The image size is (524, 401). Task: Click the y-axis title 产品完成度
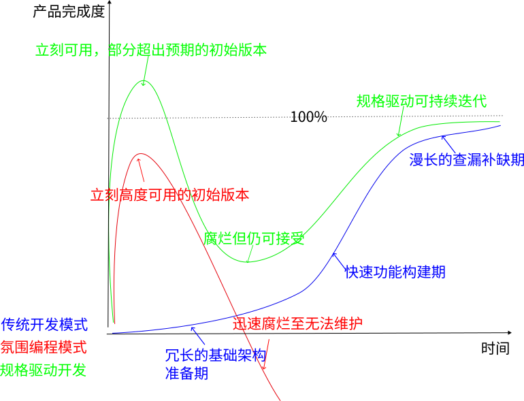pyautogui.click(x=69, y=12)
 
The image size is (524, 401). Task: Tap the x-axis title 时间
pyautogui.click(x=495, y=349)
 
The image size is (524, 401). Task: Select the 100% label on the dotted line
pyautogui.click(x=308, y=117)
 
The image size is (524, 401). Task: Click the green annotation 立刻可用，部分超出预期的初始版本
pyautogui.click(x=151, y=50)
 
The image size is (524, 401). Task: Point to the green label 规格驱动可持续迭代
pyautogui.click(x=422, y=101)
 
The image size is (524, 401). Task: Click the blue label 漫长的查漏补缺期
pyautogui.click(x=466, y=160)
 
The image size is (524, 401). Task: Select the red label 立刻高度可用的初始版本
pyautogui.click(x=169, y=195)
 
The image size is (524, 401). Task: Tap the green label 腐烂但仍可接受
pyautogui.click(x=253, y=238)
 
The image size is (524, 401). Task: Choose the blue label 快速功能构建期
pyautogui.click(x=395, y=272)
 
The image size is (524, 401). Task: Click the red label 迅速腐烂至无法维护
pyautogui.click(x=297, y=323)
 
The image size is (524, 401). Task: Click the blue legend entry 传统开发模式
pyautogui.click(x=44, y=324)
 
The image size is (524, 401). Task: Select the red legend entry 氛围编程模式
pyautogui.click(x=44, y=347)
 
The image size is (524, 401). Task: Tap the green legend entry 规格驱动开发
pyautogui.click(x=44, y=370)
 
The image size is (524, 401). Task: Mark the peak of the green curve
pyautogui.click(x=143, y=81)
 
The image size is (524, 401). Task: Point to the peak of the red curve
pyautogui.click(x=140, y=154)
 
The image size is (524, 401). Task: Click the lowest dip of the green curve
pyautogui.click(x=246, y=262)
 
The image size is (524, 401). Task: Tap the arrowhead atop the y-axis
pyautogui.click(x=108, y=5)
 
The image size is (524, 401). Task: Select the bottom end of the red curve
pyautogui.click(x=280, y=400)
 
